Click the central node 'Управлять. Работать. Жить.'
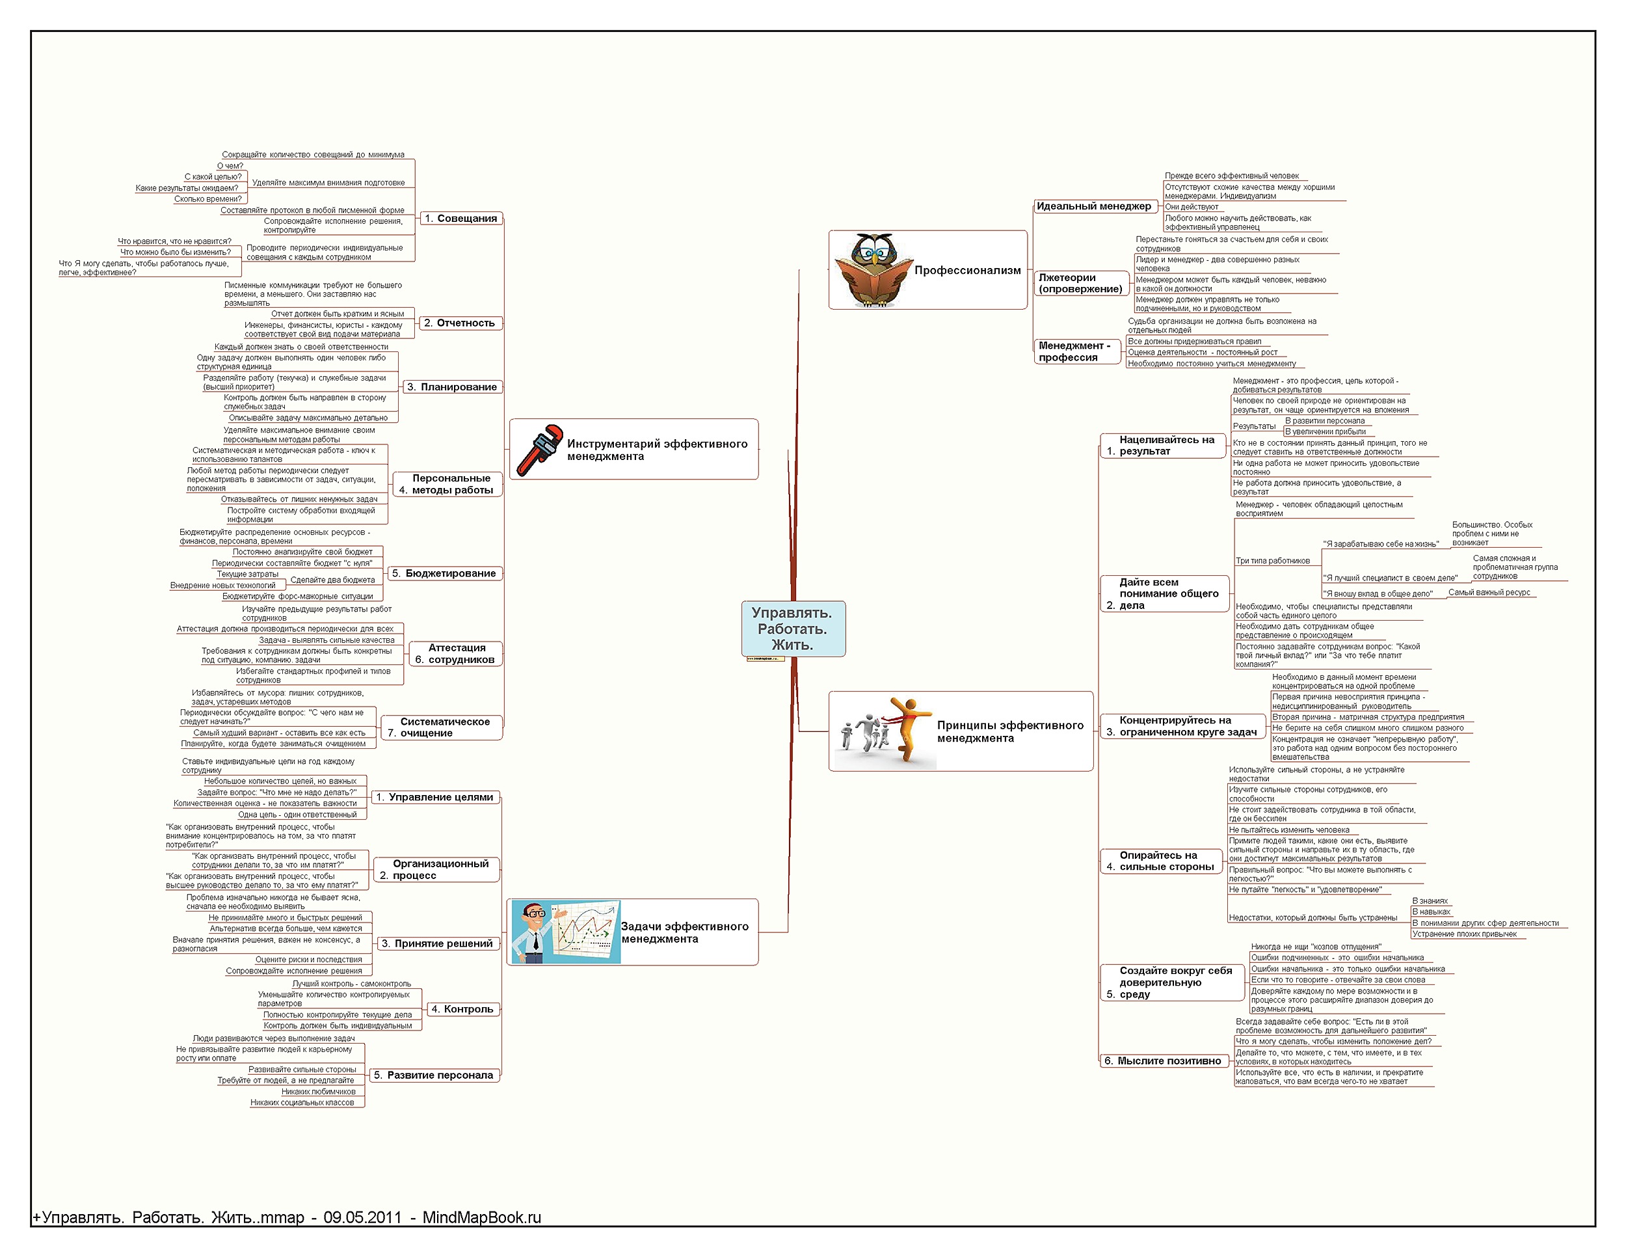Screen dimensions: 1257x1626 [793, 628]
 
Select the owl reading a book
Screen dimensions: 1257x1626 [872, 269]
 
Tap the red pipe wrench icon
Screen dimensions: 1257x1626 [539, 450]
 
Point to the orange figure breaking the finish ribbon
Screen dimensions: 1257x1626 [905, 729]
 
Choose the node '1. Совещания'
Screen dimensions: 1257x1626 [460, 218]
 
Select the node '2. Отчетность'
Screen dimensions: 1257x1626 [459, 323]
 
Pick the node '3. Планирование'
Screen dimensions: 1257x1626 [452, 386]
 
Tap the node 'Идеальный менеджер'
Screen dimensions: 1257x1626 [1094, 206]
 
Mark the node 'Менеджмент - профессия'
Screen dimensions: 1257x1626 [1075, 351]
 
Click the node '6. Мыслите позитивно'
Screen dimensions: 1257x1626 [1162, 1061]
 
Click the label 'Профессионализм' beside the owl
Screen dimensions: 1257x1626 [967, 270]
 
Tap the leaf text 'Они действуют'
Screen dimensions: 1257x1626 [1192, 207]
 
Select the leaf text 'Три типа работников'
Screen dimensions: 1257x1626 [1272, 561]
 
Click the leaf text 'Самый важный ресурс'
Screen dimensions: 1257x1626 [1489, 593]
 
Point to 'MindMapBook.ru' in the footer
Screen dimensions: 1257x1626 [482, 1217]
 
